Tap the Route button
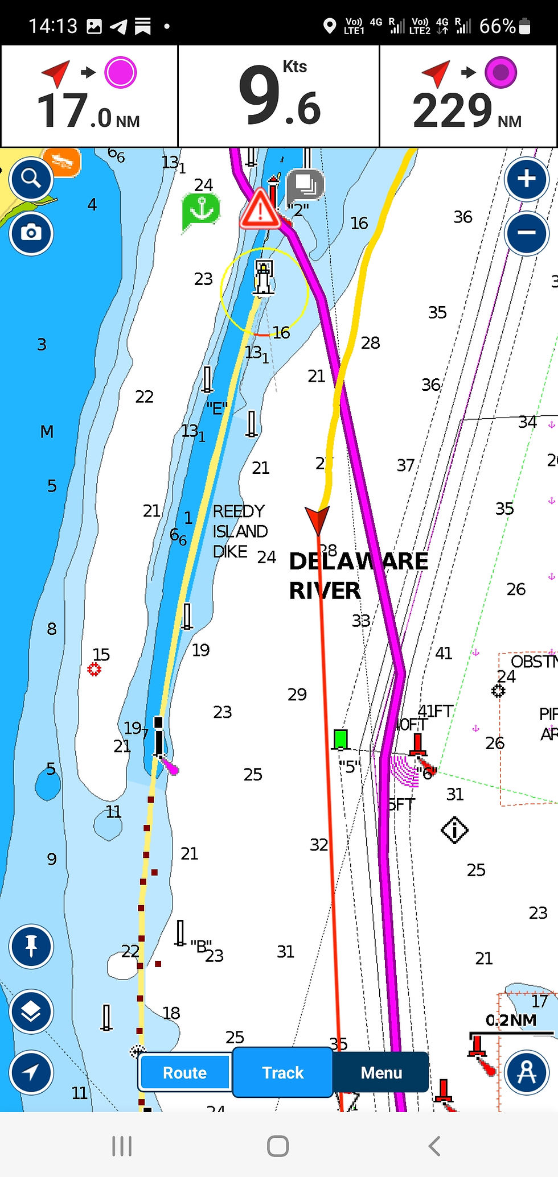coord(184,1072)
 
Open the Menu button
coord(381,1072)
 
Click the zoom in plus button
coord(526,179)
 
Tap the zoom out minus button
coord(526,233)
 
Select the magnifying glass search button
coord(31,179)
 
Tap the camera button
coord(31,233)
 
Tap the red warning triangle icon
coord(260,209)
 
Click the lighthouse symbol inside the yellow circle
coord(263,278)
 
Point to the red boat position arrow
coord(317,519)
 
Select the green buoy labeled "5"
coord(340,739)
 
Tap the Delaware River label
coord(358,575)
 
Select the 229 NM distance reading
coord(467,111)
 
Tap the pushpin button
coord(31,946)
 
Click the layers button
coord(31,1011)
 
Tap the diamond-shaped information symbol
coord(454,830)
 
